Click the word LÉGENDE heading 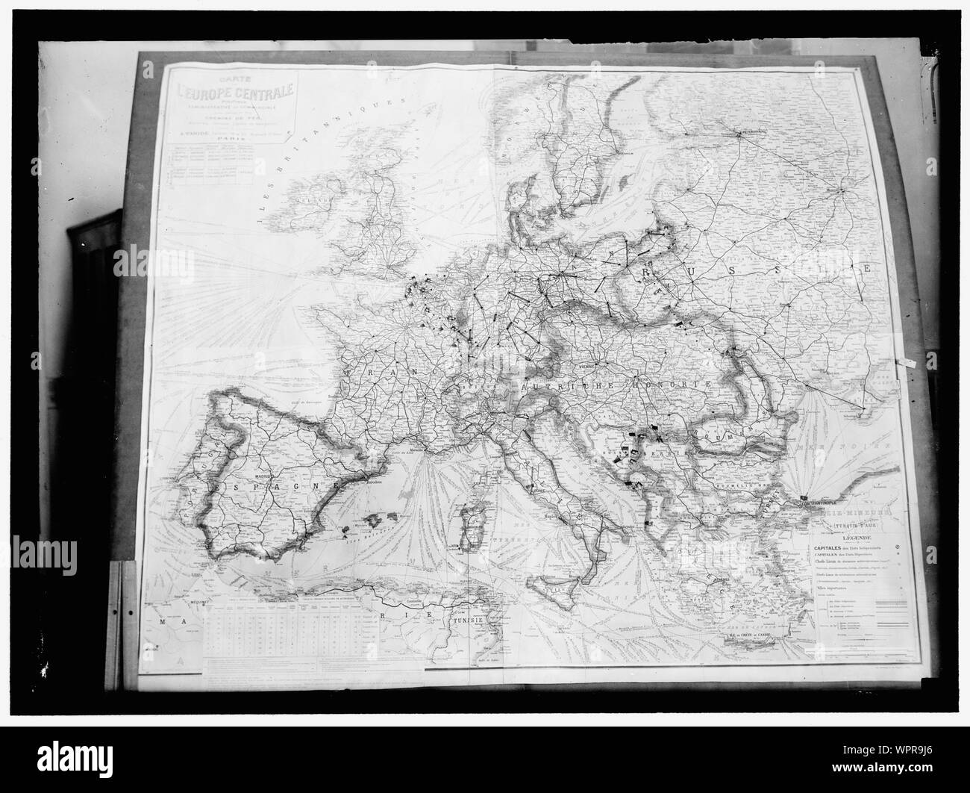click(856, 536)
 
